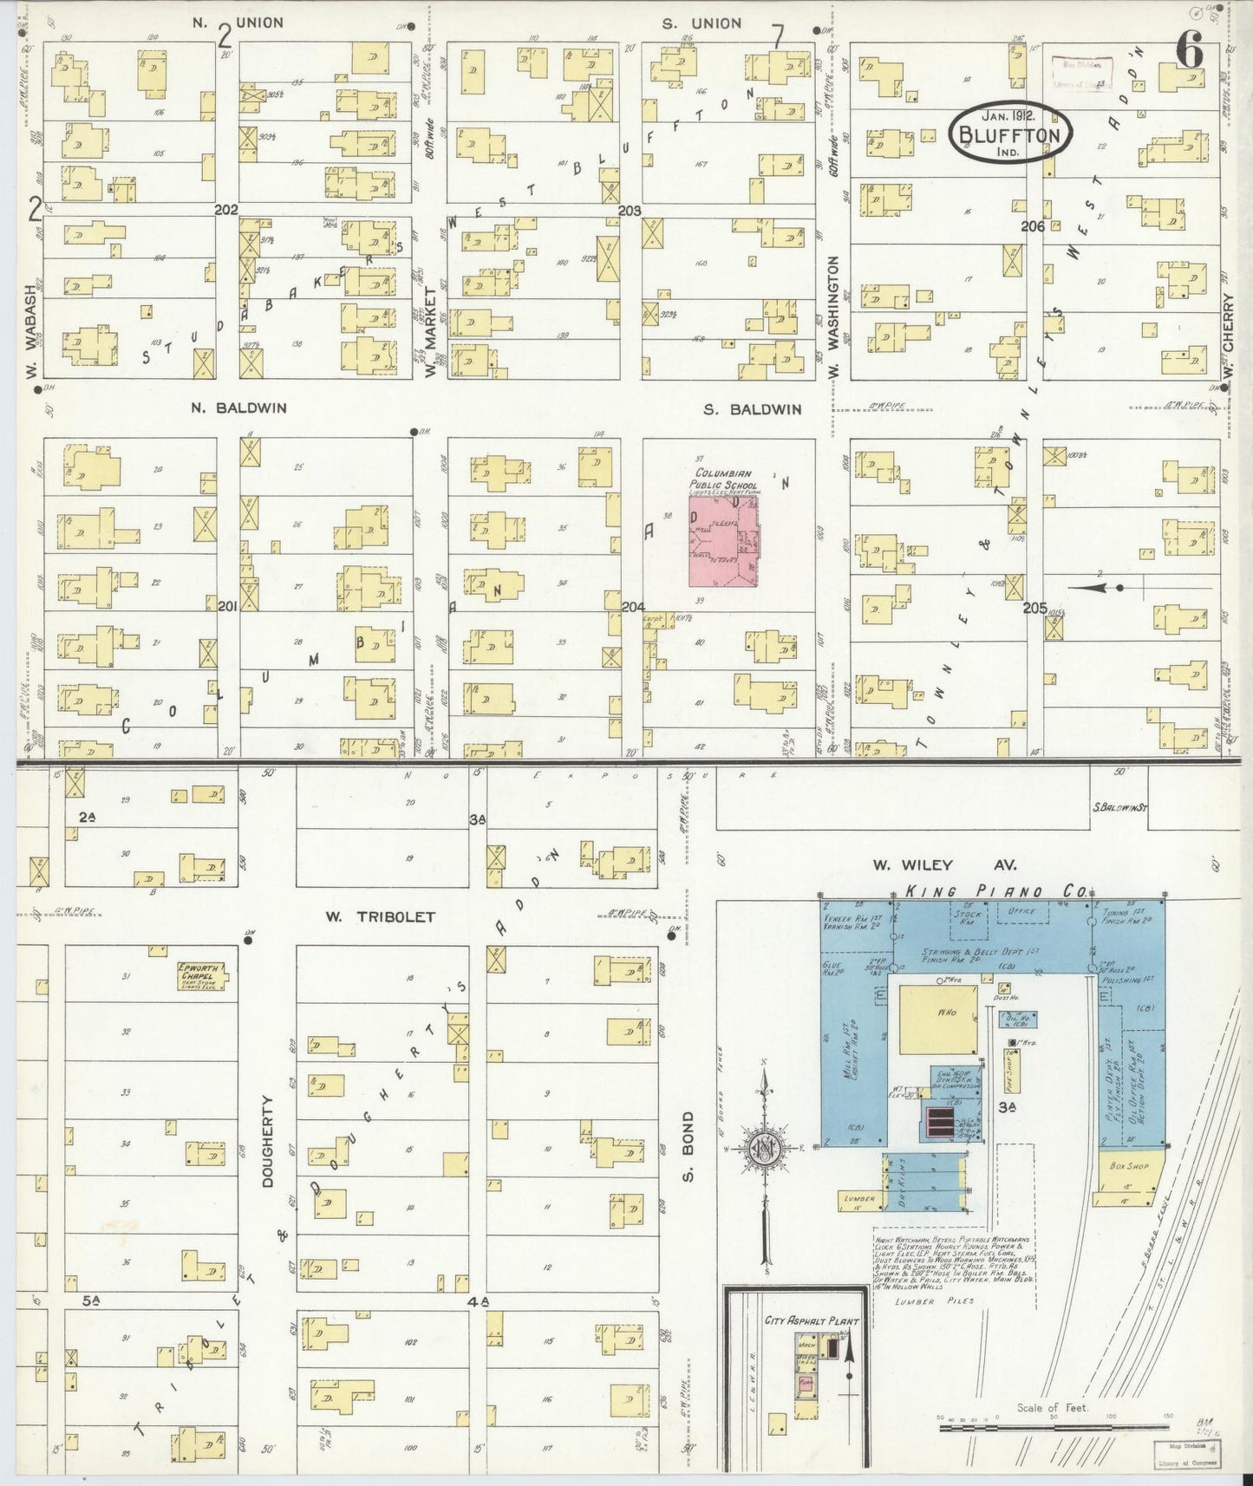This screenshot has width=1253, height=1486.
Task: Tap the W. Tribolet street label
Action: pos(379,916)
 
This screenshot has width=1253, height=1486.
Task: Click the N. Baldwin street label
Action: pos(238,407)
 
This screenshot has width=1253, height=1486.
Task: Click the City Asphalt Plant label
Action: pos(811,1346)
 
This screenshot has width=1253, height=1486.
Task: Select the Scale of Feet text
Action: pos(1053,1408)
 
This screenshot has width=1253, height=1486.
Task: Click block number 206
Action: pos(1032,225)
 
